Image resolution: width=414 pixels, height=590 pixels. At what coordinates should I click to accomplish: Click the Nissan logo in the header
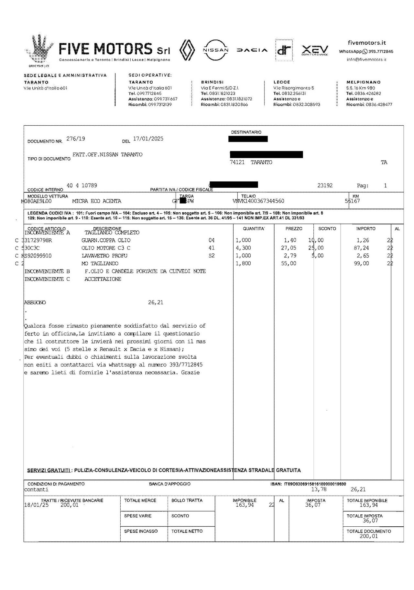215,50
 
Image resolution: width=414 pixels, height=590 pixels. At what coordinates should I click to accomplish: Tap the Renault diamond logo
188,50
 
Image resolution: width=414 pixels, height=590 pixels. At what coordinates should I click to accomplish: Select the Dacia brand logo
252,50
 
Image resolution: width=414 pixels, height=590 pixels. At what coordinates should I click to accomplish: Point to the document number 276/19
76,139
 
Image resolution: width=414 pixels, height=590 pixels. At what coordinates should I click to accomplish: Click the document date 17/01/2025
148,139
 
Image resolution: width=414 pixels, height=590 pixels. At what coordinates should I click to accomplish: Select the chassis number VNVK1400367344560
258,201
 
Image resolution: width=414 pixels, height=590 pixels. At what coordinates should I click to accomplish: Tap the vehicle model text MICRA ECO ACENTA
97,201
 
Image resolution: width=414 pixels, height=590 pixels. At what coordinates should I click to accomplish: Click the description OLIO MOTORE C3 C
106,248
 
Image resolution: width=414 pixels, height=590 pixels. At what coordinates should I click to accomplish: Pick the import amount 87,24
362,248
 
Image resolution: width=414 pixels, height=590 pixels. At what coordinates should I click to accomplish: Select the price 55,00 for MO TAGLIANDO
289,263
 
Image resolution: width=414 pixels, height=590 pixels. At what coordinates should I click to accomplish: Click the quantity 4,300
243,248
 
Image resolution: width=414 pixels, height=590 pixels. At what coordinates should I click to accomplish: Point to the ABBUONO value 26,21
156,302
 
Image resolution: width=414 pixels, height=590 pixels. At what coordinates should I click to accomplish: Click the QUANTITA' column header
254,228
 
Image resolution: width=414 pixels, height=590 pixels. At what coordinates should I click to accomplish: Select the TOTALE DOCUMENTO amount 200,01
368,536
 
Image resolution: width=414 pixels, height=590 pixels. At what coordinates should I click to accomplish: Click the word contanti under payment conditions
36,489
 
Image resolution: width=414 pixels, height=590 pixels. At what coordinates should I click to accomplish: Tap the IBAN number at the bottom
315,484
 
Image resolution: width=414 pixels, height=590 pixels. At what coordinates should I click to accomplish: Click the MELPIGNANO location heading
363,82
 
